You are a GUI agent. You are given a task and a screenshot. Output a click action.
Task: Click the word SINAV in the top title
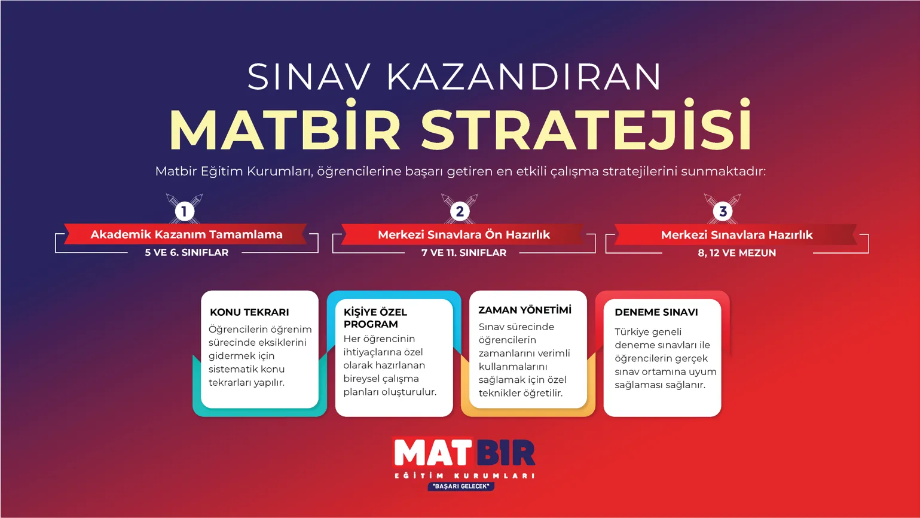pos(309,77)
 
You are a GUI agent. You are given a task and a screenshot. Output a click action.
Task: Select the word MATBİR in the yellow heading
pos(285,128)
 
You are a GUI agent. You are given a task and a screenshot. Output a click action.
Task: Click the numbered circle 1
pos(184,211)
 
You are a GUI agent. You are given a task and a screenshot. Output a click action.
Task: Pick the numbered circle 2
pos(460,211)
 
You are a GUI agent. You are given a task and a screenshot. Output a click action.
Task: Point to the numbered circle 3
pos(723,211)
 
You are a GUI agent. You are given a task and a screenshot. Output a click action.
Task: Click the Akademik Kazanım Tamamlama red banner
pos(186,234)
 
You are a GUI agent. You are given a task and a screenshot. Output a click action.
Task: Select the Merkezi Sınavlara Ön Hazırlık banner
pos(463,234)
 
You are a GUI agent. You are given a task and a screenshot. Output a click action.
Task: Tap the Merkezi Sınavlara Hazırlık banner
pos(736,235)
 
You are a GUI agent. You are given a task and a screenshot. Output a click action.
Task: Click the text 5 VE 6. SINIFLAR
pos(186,252)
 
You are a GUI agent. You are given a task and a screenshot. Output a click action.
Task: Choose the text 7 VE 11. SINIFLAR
pos(463,252)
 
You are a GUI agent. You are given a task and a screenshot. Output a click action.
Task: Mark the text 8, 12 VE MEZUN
pos(736,253)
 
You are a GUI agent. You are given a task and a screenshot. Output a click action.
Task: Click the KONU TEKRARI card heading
pos(249,312)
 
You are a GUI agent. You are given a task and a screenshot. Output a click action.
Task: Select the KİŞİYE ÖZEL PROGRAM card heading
pos(375,318)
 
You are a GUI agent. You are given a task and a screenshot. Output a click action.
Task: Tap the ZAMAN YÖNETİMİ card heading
pos(524,310)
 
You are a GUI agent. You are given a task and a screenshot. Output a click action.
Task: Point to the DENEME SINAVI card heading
pos(656,312)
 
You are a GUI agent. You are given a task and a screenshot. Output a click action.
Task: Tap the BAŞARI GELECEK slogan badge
pos(460,486)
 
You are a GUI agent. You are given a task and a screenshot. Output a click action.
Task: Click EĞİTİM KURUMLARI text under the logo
pos(464,476)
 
